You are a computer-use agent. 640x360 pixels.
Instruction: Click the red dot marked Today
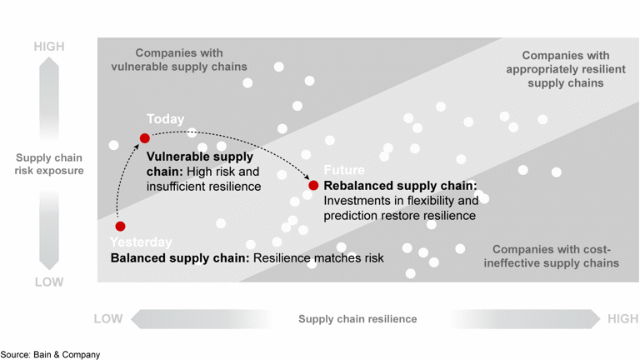tap(144, 137)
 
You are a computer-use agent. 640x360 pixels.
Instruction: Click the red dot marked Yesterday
tap(120, 226)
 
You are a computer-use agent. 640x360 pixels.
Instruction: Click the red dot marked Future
tap(313, 185)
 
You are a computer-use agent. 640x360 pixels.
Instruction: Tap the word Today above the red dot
tap(165, 119)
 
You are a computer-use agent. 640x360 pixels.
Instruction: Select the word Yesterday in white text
tap(141, 242)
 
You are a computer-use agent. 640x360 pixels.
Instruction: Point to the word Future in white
tap(344, 169)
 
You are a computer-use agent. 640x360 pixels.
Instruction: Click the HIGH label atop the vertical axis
tap(49, 47)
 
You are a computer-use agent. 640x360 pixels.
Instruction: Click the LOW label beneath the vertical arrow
tap(49, 282)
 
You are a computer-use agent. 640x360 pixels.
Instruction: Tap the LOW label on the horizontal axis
tap(108, 318)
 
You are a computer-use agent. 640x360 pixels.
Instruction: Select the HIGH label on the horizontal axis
tap(622, 318)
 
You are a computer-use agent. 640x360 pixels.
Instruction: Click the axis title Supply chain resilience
tap(357, 318)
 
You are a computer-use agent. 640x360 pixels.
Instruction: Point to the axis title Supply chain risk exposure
tap(50, 164)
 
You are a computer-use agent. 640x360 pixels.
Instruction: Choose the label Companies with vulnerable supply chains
tap(179, 59)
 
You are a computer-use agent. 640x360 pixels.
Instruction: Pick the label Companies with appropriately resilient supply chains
tap(554, 69)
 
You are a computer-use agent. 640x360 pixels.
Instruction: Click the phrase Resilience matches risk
tap(318, 258)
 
